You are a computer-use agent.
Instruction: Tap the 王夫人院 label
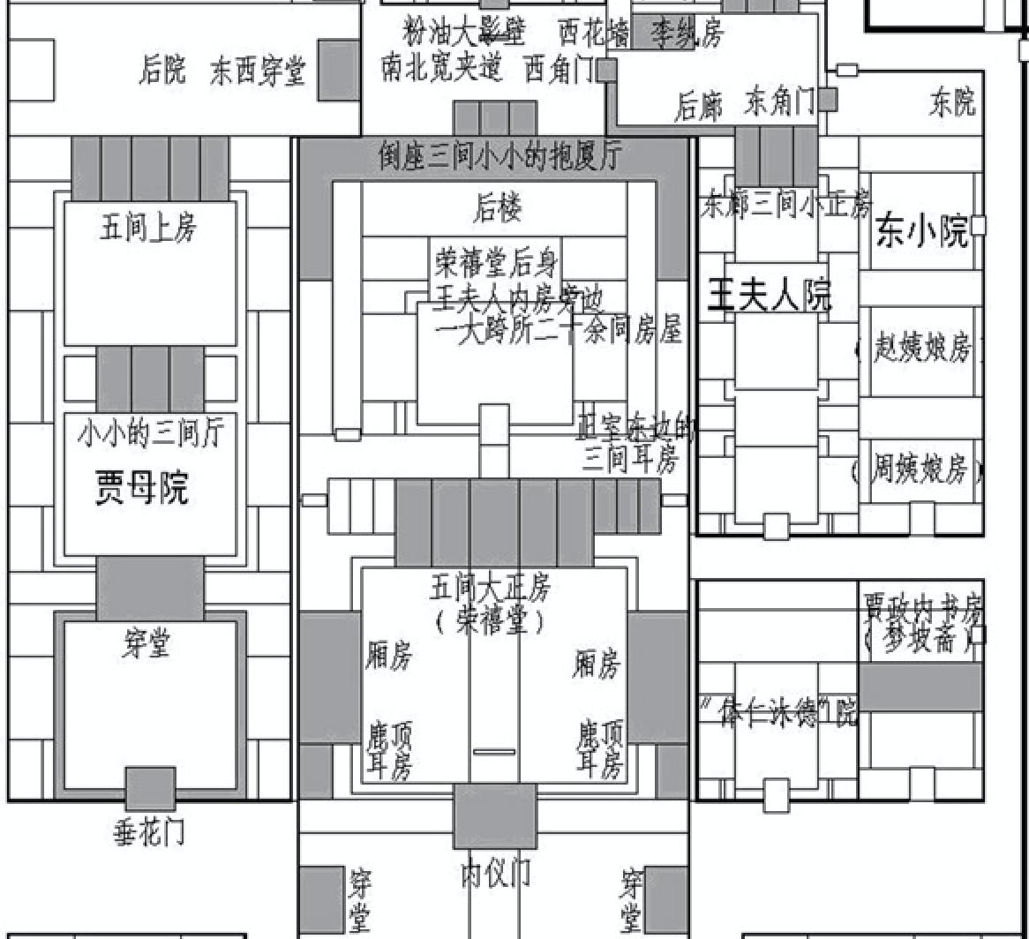click(x=770, y=297)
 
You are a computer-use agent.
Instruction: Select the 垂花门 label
click(x=149, y=832)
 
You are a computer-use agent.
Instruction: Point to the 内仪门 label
click(x=495, y=874)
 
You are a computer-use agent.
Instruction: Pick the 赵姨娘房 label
click(x=920, y=349)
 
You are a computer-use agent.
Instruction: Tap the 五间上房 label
click(x=148, y=229)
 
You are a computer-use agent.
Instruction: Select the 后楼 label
click(x=497, y=208)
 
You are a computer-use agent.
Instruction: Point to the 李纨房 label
click(x=687, y=34)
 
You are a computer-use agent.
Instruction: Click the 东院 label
click(x=952, y=103)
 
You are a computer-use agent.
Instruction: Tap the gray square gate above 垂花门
click(x=149, y=788)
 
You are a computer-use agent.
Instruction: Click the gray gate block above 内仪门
click(x=494, y=816)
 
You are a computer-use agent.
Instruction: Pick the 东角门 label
click(x=780, y=101)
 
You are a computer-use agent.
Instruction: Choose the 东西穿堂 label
click(x=258, y=72)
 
